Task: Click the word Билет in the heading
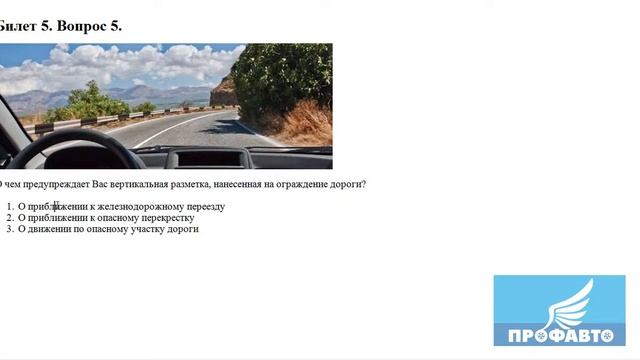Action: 19,25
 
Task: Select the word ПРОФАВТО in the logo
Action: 554,335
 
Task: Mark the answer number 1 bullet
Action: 9,206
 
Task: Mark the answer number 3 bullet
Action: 9,228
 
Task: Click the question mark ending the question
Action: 364,184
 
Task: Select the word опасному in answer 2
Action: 115,217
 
